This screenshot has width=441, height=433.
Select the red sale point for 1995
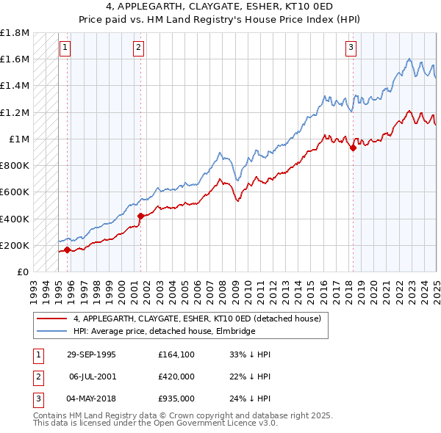[x=67, y=250]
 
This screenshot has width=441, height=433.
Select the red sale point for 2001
[x=140, y=216]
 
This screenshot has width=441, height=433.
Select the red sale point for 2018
[x=353, y=148]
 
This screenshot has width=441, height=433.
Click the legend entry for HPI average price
[x=164, y=332]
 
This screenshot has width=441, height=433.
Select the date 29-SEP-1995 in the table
[x=91, y=355]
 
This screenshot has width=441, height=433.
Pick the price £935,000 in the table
[x=176, y=399]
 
